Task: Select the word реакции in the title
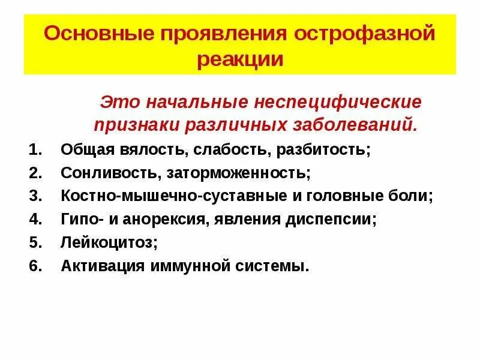coord(239,59)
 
